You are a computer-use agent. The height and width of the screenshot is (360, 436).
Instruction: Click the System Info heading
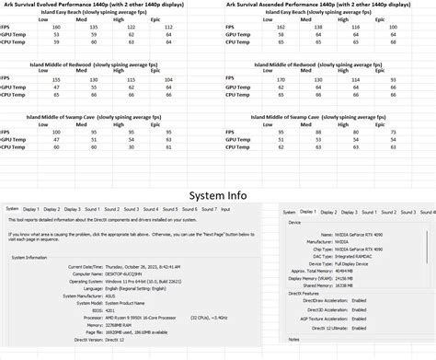click(217, 195)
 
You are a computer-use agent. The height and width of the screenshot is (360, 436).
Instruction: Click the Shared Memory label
click(308, 286)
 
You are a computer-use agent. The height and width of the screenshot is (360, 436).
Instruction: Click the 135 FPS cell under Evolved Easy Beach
click(92, 28)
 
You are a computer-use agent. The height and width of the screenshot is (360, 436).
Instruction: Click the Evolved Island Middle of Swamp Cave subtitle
click(110, 117)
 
